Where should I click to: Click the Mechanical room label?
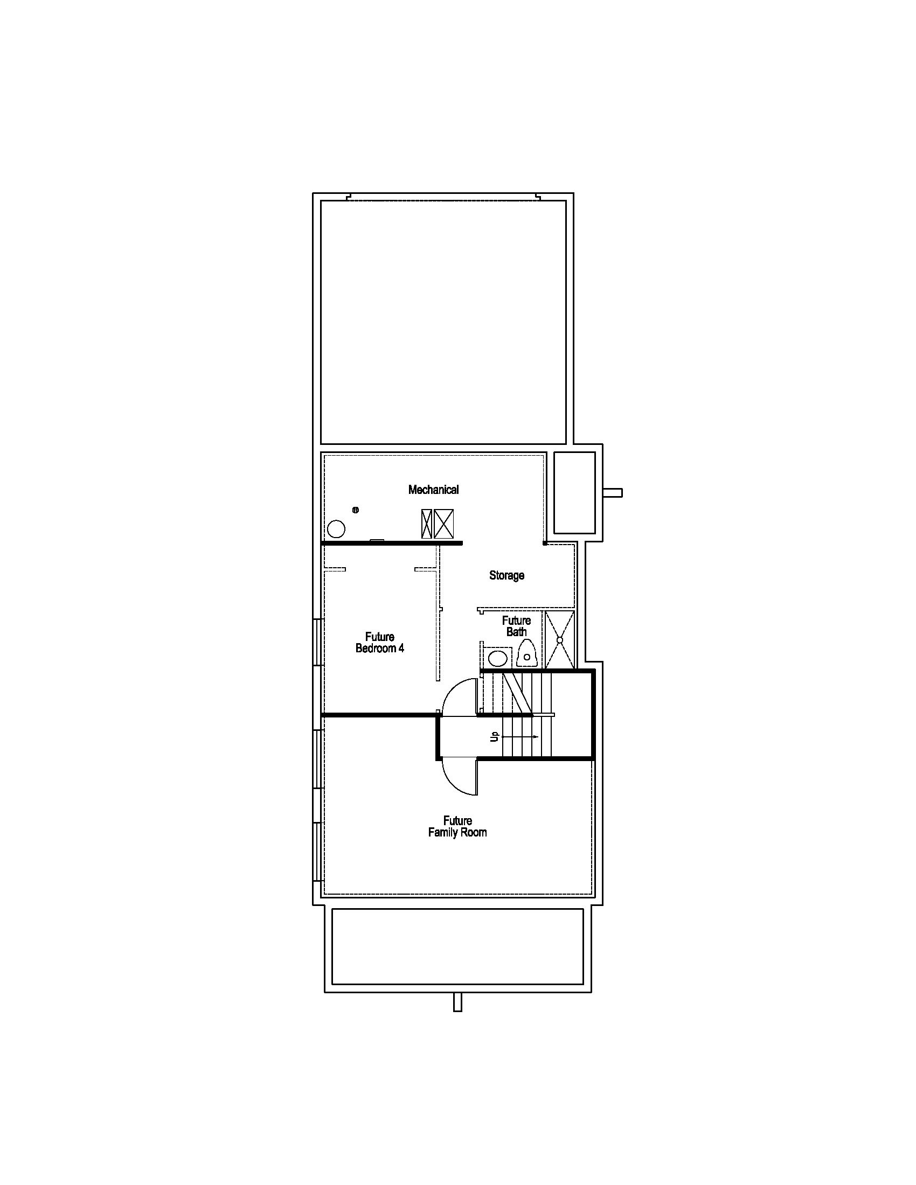pos(433,490)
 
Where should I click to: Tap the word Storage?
pos(506,575)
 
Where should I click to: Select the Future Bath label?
pos(516,626)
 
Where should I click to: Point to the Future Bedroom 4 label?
pos(379,643)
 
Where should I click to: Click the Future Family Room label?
pos(457,826)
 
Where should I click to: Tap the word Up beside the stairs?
pos(494,736)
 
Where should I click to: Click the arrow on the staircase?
pos(521,737)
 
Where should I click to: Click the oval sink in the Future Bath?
pos(498,659)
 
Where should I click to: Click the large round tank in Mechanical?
pos(336,528)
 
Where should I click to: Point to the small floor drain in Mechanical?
pos(356,510)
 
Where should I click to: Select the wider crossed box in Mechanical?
pos(444,524)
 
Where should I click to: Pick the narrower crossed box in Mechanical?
pos(427,524)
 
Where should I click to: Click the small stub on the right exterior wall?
pos(614,493)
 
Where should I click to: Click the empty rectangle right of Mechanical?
pos(574,492)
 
